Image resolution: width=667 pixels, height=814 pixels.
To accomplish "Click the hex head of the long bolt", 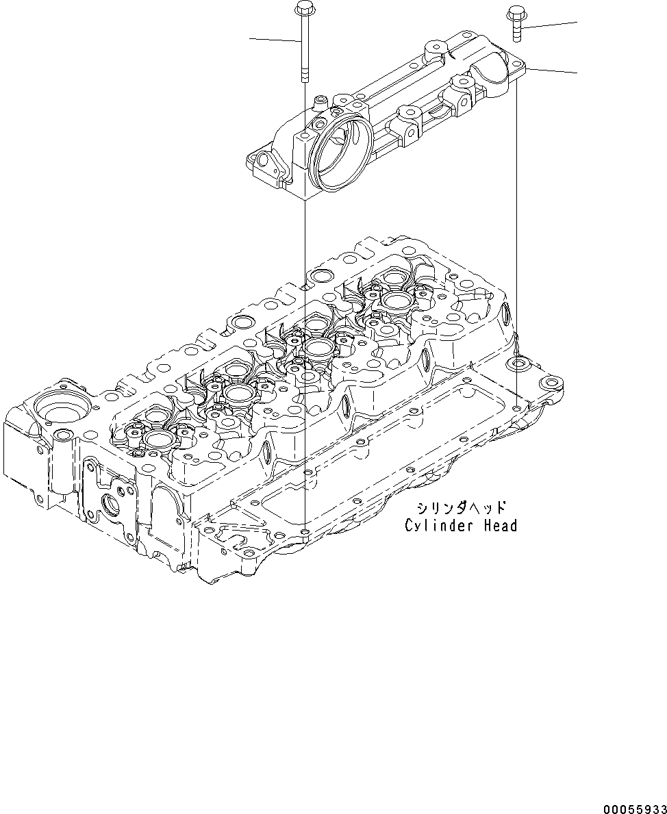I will pyautogui.click(x=302, y=9).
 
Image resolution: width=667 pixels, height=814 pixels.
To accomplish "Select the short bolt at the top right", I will pyautogui.click(x=515, y=23).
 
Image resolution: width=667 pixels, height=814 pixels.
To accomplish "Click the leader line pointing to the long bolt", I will pyautogui.click(x=274, y=39).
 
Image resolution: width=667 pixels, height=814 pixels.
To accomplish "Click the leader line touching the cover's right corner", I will pyautogui.click(x=552, y=69).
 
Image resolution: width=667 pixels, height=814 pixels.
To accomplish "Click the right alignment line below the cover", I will pyautogui.click(x=516, y=240).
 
